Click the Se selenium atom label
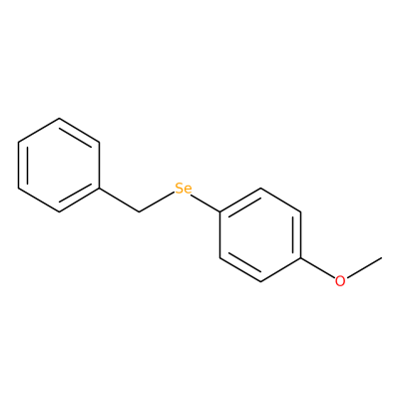tap(184, 189)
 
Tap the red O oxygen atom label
tap(340, 281)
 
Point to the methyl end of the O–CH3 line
tap(381, 257)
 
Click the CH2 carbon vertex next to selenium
tap(139, 211)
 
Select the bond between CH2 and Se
tap(157, 201)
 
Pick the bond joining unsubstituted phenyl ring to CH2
tap(119, 200)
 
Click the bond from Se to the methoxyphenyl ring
tap(205, 201)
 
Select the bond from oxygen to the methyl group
tap(363, 267)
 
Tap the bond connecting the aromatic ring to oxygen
tap(317, 267)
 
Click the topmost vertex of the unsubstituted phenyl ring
tap(59, 118)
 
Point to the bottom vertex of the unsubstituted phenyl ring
tap(59, 211)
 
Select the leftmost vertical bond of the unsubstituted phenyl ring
tap(19, 165)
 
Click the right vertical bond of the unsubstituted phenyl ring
tap(99, 165)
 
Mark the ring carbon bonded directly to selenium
tap(220, 211)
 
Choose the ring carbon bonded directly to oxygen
tap(301, 258)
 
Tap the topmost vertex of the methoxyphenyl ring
tap(260, 189)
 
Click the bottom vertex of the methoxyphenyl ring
tap(260, 281)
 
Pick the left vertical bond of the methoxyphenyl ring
tap(220, 234)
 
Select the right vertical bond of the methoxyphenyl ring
tap(301, 234)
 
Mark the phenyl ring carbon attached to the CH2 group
tap(99, 189)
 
